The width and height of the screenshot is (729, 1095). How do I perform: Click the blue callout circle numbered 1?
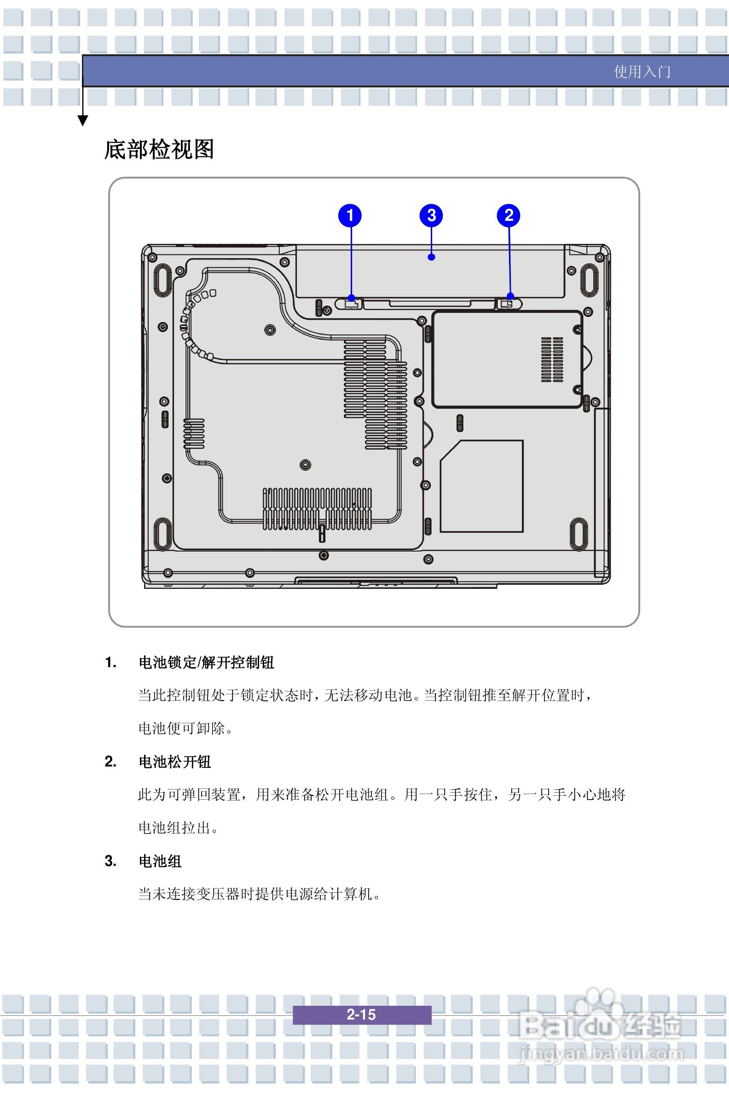click(x=350, y=215)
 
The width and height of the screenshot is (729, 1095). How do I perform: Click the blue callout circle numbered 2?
click(x=509, y=215)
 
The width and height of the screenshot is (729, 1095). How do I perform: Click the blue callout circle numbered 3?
click(x=431, y=215)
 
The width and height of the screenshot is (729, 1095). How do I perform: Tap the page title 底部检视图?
click(x=159, y=149)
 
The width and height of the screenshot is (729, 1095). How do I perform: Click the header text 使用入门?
click(x=642, y=72)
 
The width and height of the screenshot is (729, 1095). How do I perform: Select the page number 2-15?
click(x=361, y=1014)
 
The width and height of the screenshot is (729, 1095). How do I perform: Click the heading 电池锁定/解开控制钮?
click(x=207, y=663)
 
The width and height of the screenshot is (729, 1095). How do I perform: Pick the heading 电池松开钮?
click(x=175, y=762)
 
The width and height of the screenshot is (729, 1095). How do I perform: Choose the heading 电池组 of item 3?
click(x=161, y=861)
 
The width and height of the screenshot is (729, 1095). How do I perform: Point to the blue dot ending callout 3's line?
click(x=431, y=257)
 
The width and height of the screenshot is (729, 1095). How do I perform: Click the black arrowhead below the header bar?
click(x=83, y=121)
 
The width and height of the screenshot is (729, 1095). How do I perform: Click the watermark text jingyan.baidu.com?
click(x=601, y=1053)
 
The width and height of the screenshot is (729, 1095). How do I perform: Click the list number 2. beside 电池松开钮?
click(x=110, y=761)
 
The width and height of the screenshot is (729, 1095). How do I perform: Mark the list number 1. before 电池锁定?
click(x=110, y=662)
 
